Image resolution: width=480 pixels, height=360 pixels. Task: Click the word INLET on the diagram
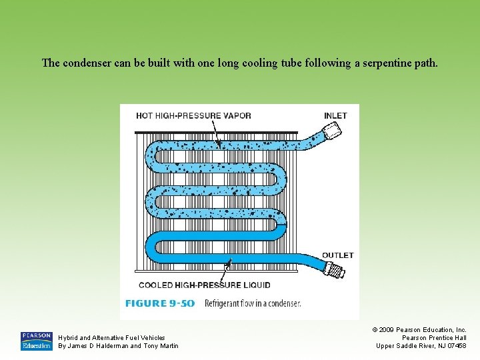coord(335,115)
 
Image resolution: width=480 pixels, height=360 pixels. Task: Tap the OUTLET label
coord(337,255)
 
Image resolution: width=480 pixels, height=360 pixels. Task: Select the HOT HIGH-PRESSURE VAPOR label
coord(193,115)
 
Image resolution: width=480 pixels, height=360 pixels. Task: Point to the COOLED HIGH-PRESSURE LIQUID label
coord(204,285)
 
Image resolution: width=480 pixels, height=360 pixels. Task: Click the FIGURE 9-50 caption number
coord(159,303)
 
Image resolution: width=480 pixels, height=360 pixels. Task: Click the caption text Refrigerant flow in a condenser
coord(253,303)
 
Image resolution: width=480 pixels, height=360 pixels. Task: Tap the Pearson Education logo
coord(36,341)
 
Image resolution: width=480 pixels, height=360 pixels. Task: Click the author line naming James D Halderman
coord(119,345)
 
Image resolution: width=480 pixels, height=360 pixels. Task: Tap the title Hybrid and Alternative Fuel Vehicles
coord(112,337)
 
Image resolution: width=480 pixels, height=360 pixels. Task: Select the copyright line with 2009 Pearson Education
coord(419,329)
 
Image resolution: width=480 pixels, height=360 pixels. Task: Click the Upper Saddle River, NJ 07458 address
coord(421,345)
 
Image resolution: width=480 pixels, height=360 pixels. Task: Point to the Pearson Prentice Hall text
coord(434,337)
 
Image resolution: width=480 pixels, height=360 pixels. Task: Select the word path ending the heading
coord(427,63)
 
